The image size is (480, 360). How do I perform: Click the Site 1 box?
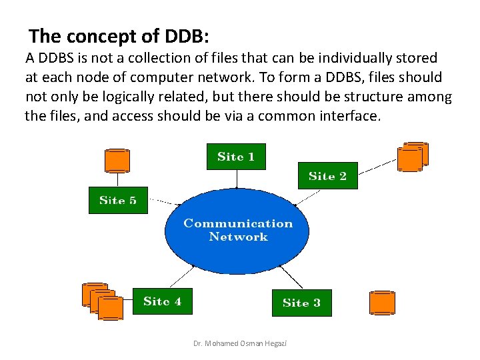click(x=236, y=157)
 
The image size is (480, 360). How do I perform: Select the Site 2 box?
click(x=327, y=176)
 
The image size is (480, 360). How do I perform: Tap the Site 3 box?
click(x=301, y=303)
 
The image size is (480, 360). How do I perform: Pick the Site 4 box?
click(x=162, y=301)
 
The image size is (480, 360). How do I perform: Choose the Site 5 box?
click(x=118, y=200)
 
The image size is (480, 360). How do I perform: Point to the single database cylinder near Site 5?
click(x=117, y=160)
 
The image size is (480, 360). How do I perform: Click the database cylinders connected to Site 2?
click(x=412, y=156)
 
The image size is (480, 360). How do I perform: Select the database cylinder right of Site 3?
click(x=383, y=303)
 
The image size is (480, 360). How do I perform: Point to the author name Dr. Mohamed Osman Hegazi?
click(x=236, y=343)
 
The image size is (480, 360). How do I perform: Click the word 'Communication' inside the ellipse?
click(x=238, y=223)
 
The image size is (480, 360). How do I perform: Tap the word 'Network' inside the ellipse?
click(x=238, y=237)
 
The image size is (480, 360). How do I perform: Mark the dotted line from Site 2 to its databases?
click(x=377, y=165)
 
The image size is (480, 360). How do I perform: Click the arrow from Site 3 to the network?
click(x=289, y=276)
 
